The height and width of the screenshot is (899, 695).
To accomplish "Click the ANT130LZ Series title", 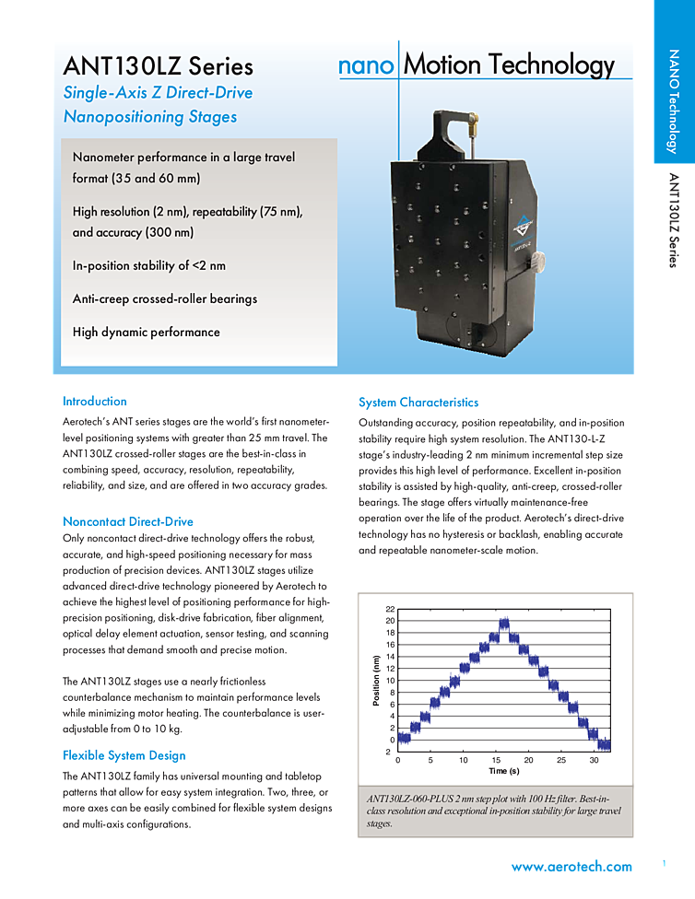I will [x=158, y=66].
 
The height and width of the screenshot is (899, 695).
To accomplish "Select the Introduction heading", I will [x=94, y=402].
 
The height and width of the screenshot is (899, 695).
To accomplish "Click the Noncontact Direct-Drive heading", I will [x=127, y=521].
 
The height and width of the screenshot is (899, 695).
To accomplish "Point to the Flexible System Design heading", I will [x=124, y=755].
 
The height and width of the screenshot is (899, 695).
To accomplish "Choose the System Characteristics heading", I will [x=418, y=403].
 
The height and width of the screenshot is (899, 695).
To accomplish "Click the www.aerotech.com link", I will [x=571, y=867].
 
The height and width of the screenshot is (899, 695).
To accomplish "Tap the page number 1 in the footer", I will [x=664, y=863].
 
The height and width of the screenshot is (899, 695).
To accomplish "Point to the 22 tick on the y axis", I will [x=390, y=610].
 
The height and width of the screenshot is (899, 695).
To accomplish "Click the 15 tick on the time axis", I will [x=496, y=760].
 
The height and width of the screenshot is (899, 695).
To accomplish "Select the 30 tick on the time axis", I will [x=594, y=760].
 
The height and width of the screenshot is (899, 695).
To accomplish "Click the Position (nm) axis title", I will [x=376, y=681].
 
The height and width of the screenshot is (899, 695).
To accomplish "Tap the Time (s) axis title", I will [x=503, y=771].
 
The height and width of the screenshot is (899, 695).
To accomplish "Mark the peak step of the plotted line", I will [x=503, y=625].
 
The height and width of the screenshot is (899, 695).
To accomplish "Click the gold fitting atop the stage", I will [x=471, y=120].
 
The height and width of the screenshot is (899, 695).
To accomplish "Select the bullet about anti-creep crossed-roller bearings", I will [x=165, y=298].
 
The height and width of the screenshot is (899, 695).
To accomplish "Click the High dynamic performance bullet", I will [x=146, y=332].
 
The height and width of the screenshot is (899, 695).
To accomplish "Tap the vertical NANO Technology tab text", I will [x=673, y=101].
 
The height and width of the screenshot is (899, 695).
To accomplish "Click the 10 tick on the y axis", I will [x=390, y=681].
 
